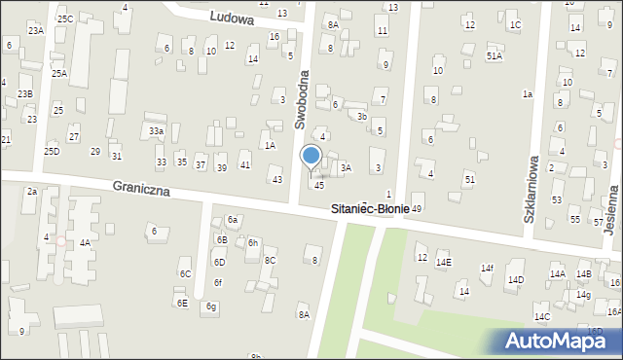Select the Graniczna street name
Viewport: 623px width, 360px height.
[x=141, y=188]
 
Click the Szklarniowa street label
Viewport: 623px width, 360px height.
[x=531, y=190]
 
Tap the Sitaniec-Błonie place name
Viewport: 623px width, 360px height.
[x=370, y=208]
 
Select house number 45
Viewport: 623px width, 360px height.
[x=319, y=186]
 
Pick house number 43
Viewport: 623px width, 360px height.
[x=277, y=180]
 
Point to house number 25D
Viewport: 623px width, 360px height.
[x=52, y=151]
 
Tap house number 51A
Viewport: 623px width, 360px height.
[x=495, y=56]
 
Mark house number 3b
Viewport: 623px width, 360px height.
[x=361, y=116]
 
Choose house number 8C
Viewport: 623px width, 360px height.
[x=271, y=261]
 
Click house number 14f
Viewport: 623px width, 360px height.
[x=487, y=269]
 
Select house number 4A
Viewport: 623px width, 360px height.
[x=86, y=243]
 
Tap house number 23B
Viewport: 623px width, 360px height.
[x=25, y=93]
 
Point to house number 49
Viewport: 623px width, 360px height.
[x=417, y=209]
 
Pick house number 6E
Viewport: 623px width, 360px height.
[x=182, y=303]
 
